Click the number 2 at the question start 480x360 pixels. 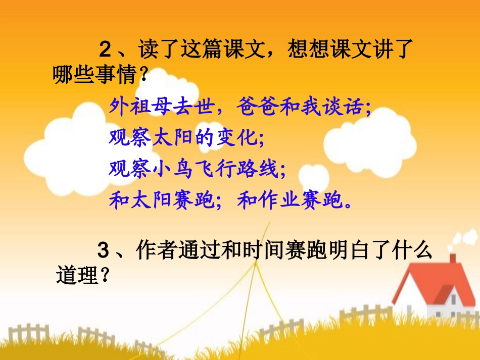(x=105, y=50)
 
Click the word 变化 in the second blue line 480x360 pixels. (x=237, y=138)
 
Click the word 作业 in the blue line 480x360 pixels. (x=269, y=201)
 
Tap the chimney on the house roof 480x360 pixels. (x=452, y=258)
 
